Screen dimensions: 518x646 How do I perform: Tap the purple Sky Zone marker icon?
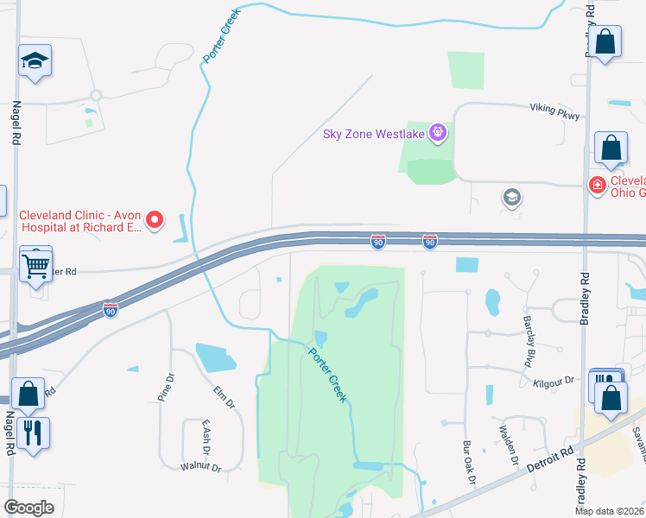[x=439, y=132]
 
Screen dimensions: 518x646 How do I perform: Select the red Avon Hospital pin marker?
[x=155, y=220]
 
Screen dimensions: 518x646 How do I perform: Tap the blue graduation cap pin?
[x=35, y=62]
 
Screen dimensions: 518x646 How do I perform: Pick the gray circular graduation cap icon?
[x=511, y=198]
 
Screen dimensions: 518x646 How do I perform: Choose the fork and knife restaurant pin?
[x=33, y=433]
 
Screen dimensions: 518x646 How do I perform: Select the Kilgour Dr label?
[x=554, y=381]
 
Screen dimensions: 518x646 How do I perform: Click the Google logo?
[x=28, y=508]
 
